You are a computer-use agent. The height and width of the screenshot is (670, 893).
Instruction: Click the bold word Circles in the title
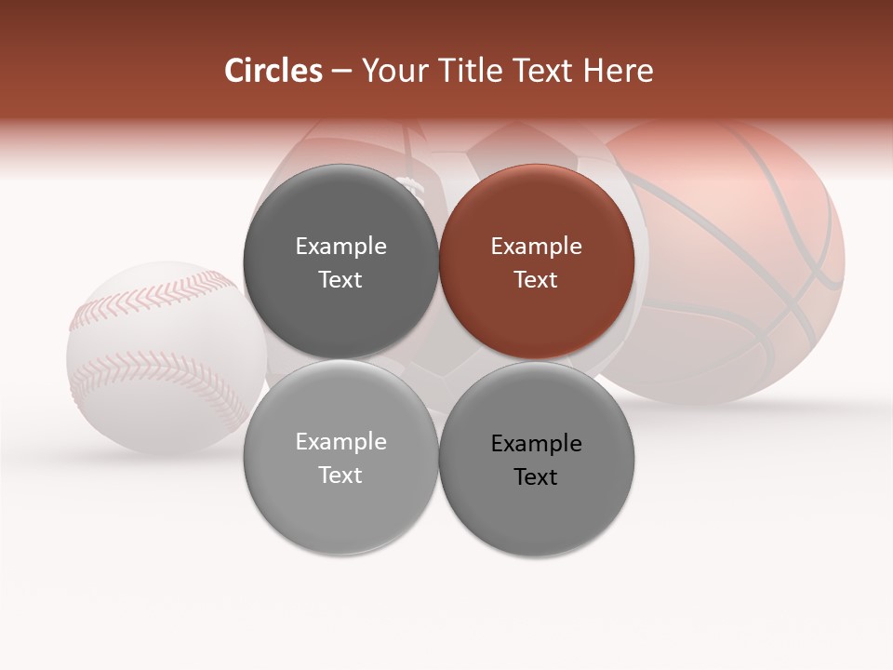click(273, 71)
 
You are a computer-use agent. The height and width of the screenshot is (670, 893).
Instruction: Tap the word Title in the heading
click(465, 71)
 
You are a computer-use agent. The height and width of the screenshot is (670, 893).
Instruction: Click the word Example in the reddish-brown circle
click(536, 247)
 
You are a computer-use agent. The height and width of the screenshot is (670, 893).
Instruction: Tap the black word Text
click(536, 477)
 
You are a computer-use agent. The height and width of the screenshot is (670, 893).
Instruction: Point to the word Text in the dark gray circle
click(340, 280)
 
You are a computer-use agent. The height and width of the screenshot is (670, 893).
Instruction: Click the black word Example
click(536, 444)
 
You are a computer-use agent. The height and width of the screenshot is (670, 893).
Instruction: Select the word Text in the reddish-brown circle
click(536, 280)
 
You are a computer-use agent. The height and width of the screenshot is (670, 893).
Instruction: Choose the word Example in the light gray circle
click(340, 442)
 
